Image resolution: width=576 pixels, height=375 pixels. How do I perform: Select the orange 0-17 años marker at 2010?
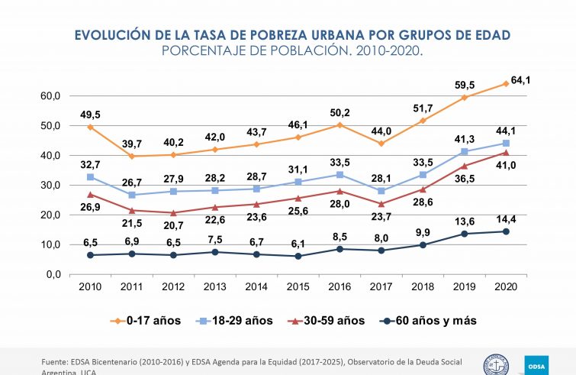[91, 127]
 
